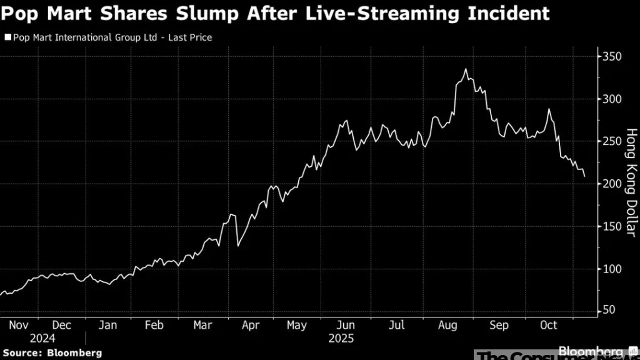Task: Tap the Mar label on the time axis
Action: tap(202, 325)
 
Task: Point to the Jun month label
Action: tap(346, 325)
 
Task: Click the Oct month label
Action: tap(548, 325)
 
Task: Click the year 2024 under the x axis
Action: tap(41, 339)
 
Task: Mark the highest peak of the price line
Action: tap(466, 69)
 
